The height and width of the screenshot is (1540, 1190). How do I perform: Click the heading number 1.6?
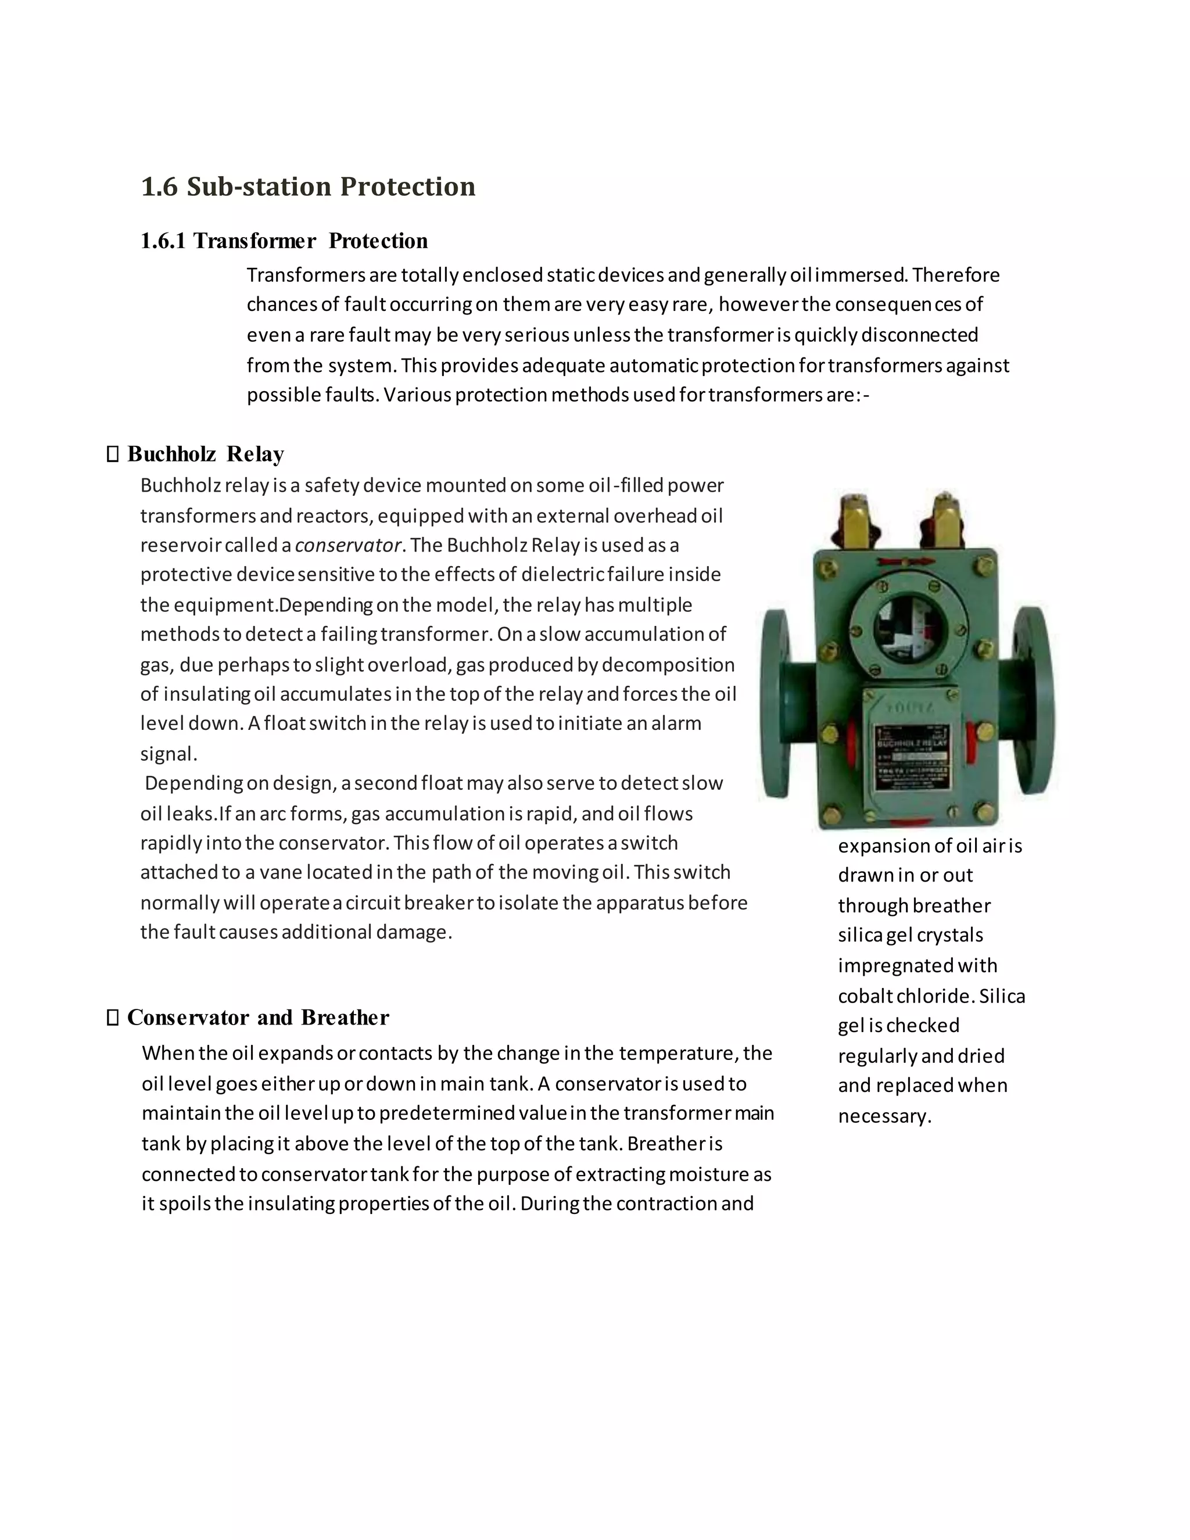(159, 187)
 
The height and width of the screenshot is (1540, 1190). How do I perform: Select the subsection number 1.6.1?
(163, 241)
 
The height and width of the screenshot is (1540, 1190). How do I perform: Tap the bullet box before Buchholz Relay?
(113, 455)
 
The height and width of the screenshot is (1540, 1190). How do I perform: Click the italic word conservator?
(347, 545)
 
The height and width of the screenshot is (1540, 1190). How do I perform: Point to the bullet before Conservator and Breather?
(113, 1018)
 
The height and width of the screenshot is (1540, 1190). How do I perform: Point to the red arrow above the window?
(905, 562)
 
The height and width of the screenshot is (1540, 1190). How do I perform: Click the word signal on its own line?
(168, 754)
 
